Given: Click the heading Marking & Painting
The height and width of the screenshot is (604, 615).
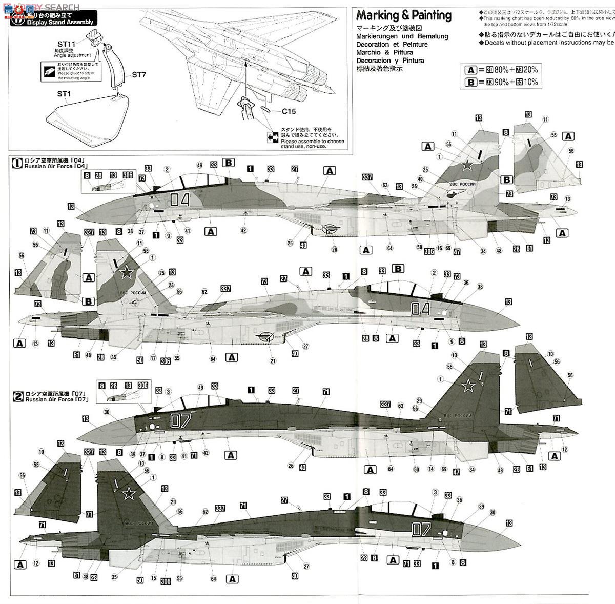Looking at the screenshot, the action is [x=404, y=15].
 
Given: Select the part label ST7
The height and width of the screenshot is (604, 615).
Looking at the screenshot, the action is [x=139, y=75].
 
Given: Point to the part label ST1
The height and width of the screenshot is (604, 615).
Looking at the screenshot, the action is [x=63, y=94].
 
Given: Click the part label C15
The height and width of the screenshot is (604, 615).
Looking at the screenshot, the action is [x=289, y=111].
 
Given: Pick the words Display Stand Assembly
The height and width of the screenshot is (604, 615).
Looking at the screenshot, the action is [x=60, y=22].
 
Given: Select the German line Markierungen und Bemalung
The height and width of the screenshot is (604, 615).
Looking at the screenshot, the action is [x=402, y=36].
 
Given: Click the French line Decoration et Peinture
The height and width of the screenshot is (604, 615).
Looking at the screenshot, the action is [x=392, y=45].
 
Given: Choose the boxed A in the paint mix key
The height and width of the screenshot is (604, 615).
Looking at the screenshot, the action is [x=470, y=70].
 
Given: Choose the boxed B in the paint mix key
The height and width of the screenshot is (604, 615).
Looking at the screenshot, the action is [x=470, y=82].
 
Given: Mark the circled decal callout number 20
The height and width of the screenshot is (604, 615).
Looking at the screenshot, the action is [x=335, y=250].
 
